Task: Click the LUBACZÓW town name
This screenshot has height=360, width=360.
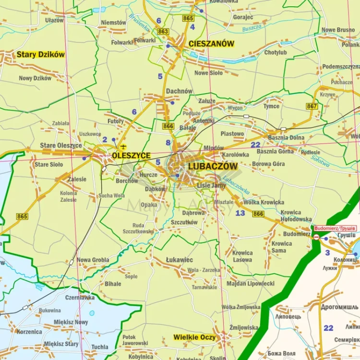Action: click(x=213, y=166)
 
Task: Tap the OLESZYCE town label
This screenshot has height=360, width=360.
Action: click(x=131, y=156)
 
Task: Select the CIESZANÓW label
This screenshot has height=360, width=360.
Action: click(x=212, y=44)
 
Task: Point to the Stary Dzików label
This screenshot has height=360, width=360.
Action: click(x=40, y=54)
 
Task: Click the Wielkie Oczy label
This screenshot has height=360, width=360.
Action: click(x=194, y=337)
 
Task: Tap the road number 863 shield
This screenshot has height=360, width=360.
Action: click(x=163, y=31)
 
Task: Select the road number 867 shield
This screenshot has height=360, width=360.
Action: click(x=312, y=106)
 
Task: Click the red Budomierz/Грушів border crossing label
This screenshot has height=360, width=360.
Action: click(x=335, y=228)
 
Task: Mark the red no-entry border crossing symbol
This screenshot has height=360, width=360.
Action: click(x=316, y=237)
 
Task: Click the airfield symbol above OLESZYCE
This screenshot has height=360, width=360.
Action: click(x=124, y=146)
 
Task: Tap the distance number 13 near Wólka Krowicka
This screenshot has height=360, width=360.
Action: click(x=240, y=213)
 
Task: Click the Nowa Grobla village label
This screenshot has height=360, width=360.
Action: click(x=93, y=260)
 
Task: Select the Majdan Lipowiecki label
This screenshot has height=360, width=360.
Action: click(x=251, y=284)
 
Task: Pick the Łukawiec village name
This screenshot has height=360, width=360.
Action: click(x=180, y=260)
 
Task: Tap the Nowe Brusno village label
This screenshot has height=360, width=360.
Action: click(x=338, y=30)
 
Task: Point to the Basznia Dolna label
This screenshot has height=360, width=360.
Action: click(x=286, y=138)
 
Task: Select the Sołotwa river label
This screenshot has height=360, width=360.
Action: click(x=320, y=161)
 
